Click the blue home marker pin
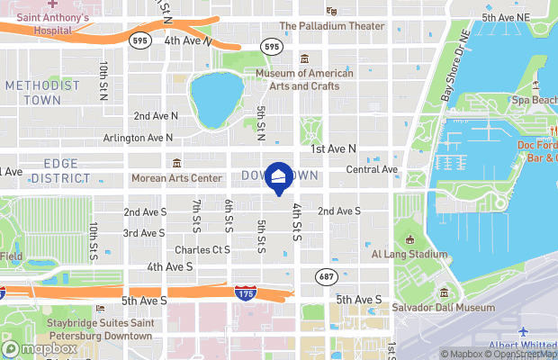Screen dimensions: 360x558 click(x=279, y=177)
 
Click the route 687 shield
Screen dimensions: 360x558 click(x=326, y=275)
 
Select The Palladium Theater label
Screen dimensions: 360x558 click(x=332, y=26)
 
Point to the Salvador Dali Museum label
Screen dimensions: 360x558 click(x=443, y=308)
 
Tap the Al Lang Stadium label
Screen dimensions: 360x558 click(x=409, y=254)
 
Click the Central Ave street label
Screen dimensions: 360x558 click(x=372, y=169)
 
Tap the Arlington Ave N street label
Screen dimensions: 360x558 click(x=138, y=138)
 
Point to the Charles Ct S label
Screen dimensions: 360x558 click(x=202, y=249)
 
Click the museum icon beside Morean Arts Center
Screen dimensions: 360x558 click(x=176, y=163)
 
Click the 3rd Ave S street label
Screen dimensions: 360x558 click(x=143, y=233)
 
